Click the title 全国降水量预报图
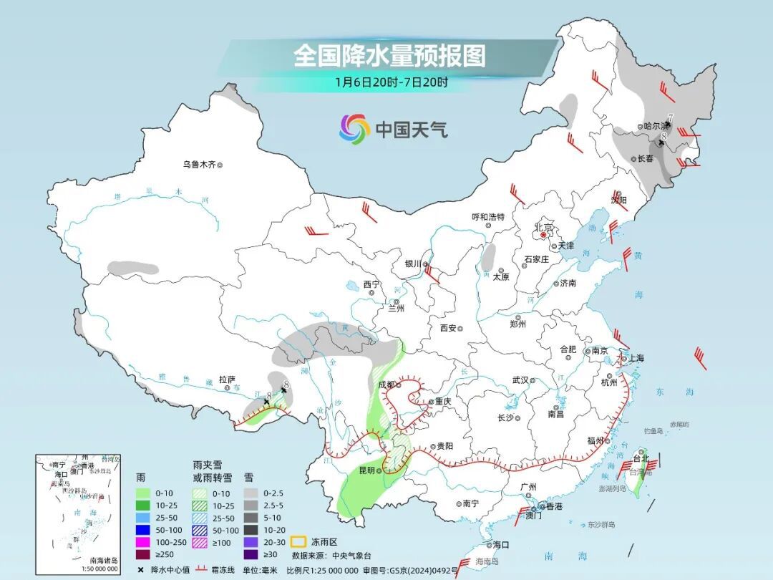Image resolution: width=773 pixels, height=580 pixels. coord(389,55)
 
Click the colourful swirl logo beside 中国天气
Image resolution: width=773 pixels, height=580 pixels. coord(354,129)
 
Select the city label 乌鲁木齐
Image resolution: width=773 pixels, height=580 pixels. coord(198,165)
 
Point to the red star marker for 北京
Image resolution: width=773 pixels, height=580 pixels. coord(544,235)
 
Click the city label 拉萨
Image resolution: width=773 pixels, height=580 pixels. coord(227,380)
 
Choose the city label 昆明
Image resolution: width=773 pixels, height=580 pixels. coord(366,470)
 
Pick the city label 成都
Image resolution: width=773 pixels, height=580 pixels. coord(387,385)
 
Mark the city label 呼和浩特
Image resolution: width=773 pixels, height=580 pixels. coord(488,217)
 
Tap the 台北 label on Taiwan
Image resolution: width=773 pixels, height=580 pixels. coord(639,458)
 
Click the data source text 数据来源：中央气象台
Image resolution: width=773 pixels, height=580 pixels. coord(332,555)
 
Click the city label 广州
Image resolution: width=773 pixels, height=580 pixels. coord(529,488)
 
